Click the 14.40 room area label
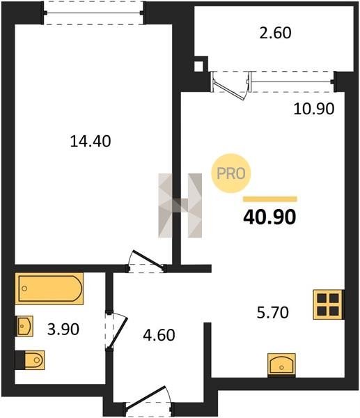(91, 141)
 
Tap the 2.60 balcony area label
(275, 33)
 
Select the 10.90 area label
(313, 109)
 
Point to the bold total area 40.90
(269, 217)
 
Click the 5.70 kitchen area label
(272, 312)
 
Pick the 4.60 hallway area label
(159, 335)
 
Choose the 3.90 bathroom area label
(63, 330)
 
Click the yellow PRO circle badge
(231, 173)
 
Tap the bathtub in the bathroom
(49, 288)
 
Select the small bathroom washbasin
(25, 326)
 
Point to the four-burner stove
(328, 304)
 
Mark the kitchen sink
(281, 364)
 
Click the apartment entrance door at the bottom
(149, 398)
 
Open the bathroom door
(116, 331)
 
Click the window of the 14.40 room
(93, 13)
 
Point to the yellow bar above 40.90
(270, 199)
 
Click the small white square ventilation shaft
(198, 66)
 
